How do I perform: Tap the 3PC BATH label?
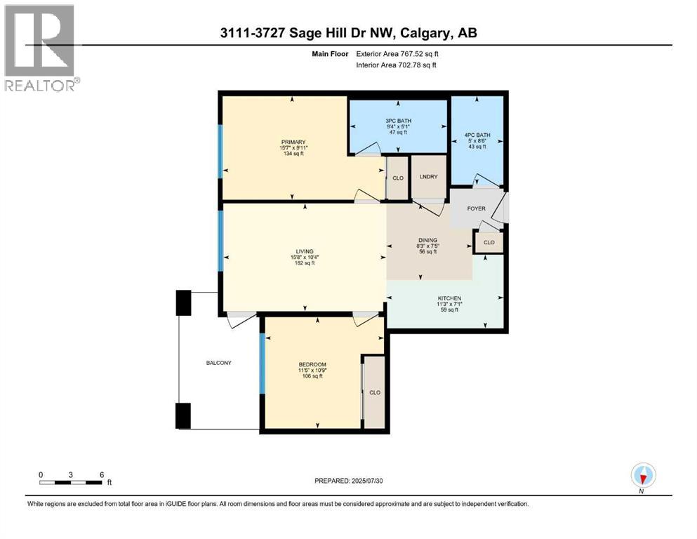pos(399,121)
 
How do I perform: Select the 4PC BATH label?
pos(477,135)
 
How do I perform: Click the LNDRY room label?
pos(429,177)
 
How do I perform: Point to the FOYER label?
pos(477,208)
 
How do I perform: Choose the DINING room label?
pos(427,240)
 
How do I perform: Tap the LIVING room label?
pos(304,251)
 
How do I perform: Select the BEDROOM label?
pos(312,364)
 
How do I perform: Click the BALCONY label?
pos(218,363)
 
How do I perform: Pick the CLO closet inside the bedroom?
pos(375,392)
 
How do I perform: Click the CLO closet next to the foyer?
pos(489,243)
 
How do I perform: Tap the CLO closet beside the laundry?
pos(398,178)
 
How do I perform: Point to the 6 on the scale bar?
pos(102,474)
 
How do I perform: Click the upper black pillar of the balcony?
pos(183,302)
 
